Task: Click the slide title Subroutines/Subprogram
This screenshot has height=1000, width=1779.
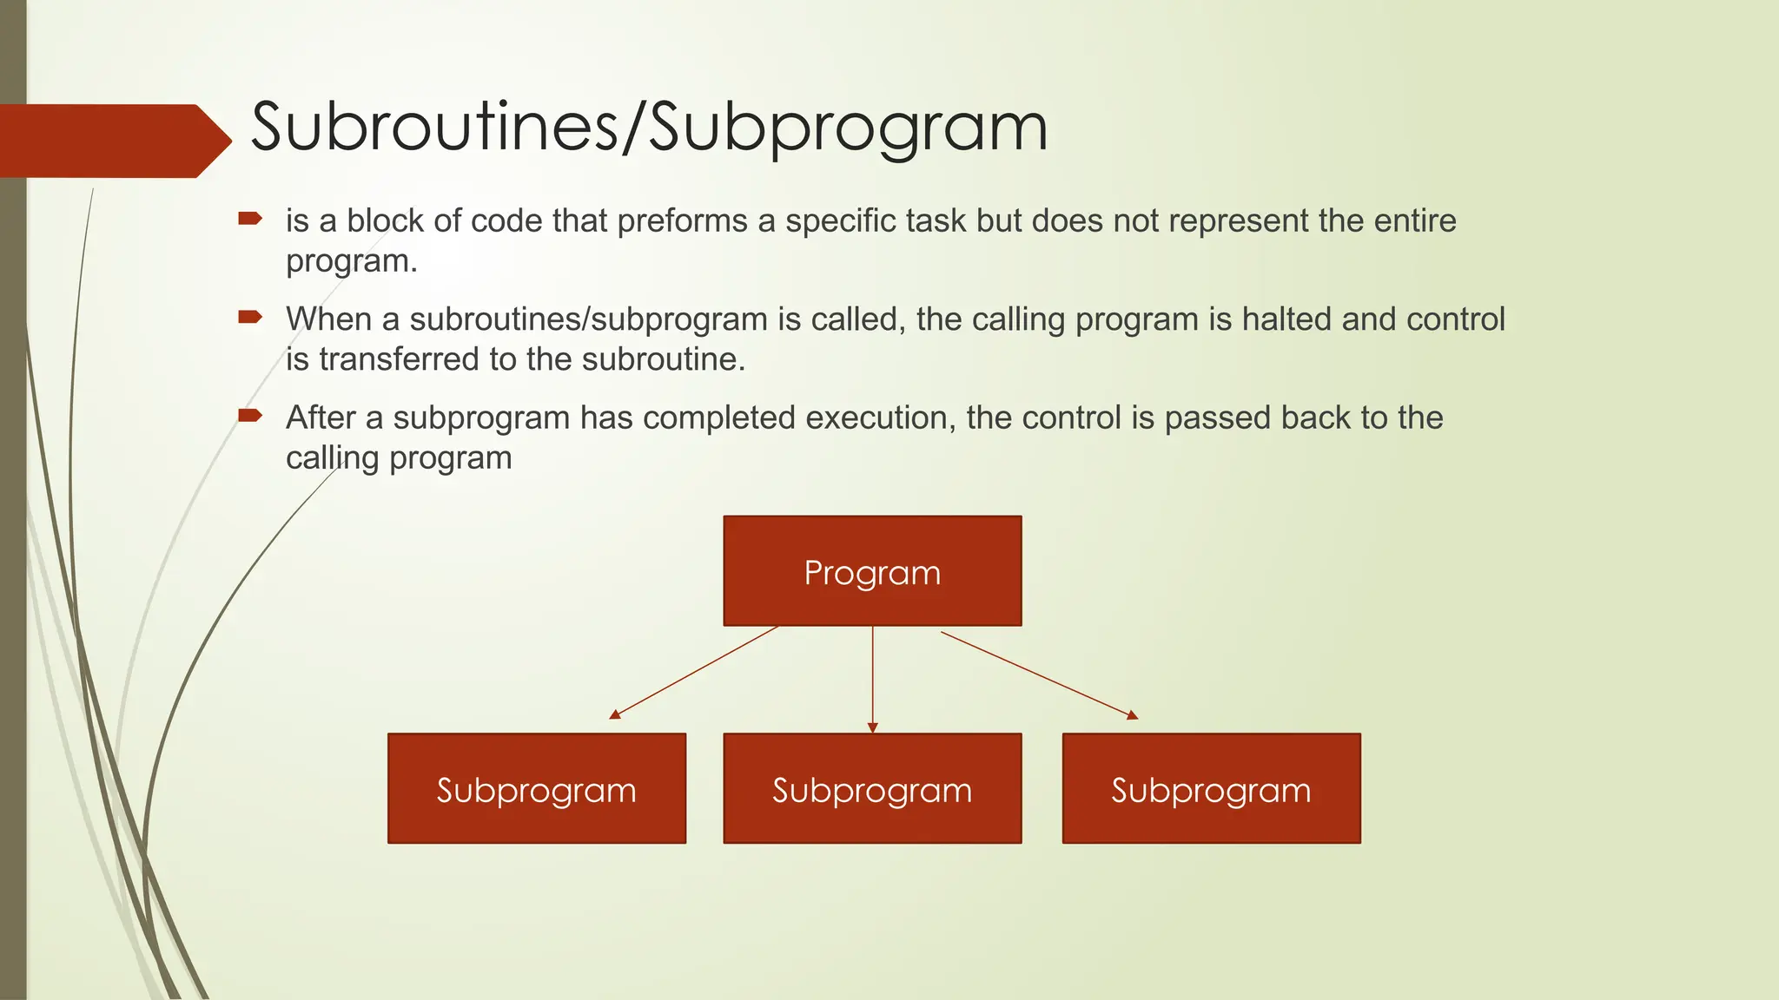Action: (x=649, y=128)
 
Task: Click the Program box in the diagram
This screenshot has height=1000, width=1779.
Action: (x=872, y=571)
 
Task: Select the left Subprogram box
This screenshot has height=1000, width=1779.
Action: (x=537, y=788)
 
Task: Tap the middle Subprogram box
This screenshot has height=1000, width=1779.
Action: (x=872, y=788)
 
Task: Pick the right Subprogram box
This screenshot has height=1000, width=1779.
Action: (x=1211, y=788)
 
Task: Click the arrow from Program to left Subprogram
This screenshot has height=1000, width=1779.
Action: (x=695, y=672)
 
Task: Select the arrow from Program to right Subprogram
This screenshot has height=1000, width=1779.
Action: (x=1039, y=674)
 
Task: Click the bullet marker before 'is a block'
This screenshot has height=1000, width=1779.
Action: (x=250, y=218)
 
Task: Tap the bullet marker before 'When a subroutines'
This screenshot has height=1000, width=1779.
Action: (x=250, y=317)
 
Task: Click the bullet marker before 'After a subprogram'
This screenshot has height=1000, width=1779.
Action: (x=250, y=415)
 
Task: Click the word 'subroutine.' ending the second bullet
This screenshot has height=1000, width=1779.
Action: (x=664, y=359)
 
